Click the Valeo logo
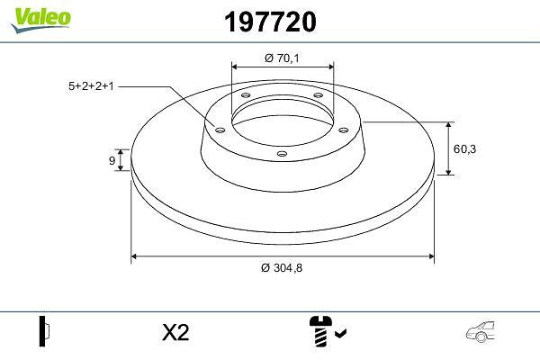click(40, 20)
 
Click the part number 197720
click(270, 22)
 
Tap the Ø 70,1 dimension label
click(282, 58)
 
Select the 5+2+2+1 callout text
click(91, 86)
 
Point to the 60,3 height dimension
click(464, 149)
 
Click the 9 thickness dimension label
click(112, 160)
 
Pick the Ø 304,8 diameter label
click(282, 267)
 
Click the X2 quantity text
click(175, 333)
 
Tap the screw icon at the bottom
click(320, 331)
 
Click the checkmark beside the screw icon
click(341, 333)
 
